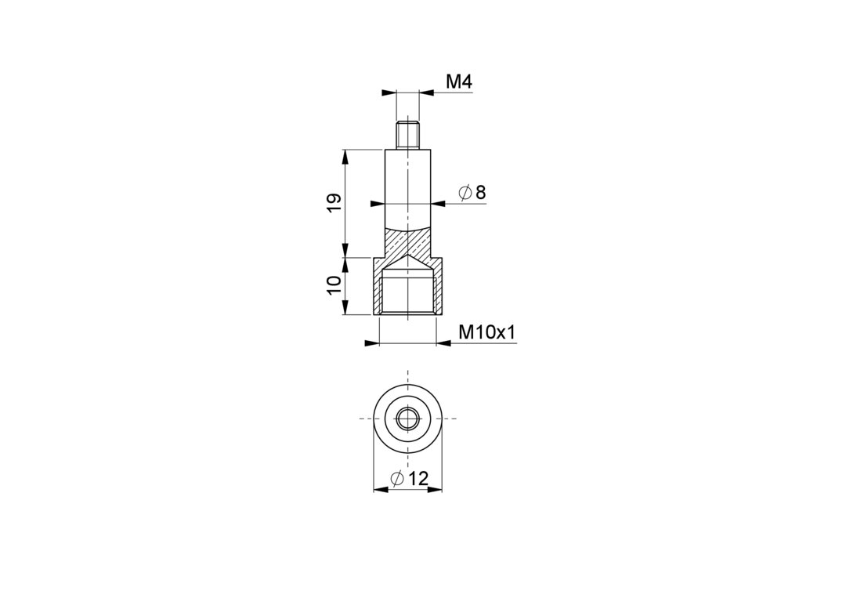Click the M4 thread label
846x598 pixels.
459,82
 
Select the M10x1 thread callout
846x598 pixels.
487,332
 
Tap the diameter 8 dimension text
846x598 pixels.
472,192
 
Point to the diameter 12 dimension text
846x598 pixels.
409,477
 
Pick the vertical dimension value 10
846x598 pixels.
334,285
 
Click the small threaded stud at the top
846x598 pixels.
408,137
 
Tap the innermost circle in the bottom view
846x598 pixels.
408,419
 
